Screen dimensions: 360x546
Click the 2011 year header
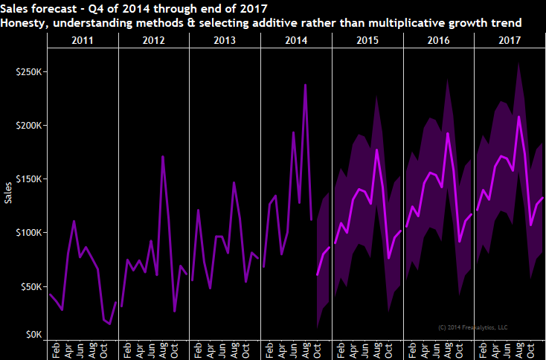[x=83, y=39]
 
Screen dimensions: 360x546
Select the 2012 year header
[x=154, y=39]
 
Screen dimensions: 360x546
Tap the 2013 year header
[x=225, y=39]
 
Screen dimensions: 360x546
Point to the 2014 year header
[x=297, y=39]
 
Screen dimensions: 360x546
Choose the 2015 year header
[x=368, y=39]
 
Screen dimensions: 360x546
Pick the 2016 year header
[x=440, y=39]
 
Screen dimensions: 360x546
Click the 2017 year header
[x=511, y=39]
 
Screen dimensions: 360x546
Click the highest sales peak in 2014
[x=305, y=85]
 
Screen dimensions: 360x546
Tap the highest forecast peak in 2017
[x=518, y=117]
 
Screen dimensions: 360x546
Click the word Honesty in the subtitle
[x=25, y=23]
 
